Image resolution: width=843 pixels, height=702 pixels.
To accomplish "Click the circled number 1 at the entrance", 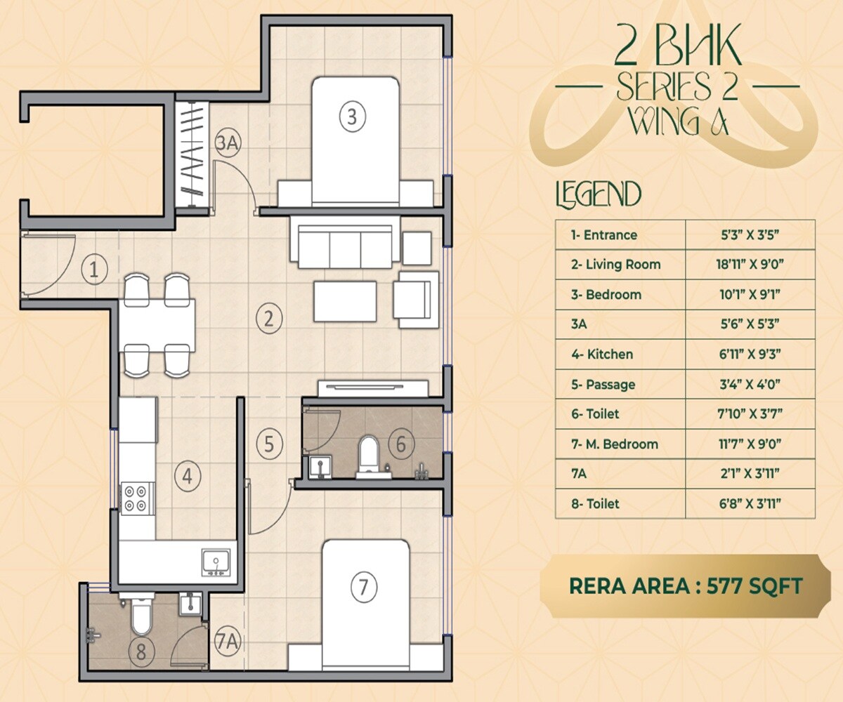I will pos(94,269).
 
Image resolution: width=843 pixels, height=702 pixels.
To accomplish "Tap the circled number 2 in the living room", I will pos(268,319).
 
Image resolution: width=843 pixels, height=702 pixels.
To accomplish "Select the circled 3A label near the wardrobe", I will pos(228,143).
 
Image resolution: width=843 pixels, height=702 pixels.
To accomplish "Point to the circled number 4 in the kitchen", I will pos(187,477).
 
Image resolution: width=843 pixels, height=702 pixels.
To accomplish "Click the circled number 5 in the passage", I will pos(269,444).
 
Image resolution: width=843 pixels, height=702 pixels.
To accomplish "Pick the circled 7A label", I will pos(228,641).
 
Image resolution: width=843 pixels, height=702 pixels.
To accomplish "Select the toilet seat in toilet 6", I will pos(368,453).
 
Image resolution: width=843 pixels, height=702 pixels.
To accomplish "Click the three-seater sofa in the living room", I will pos(344,243).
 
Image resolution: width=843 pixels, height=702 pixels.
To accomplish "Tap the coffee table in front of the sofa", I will pos(345,300).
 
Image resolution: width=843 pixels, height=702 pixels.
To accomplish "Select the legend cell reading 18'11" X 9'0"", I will pos(750,265).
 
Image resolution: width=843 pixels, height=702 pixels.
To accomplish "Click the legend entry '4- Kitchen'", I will pos(602,355).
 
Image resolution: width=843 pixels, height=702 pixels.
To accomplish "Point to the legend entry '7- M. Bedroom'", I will pos(615,444).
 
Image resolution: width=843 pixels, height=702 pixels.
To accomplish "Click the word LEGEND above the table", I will pos(598,195).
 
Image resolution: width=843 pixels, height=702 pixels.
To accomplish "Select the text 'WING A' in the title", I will pos(677,121).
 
